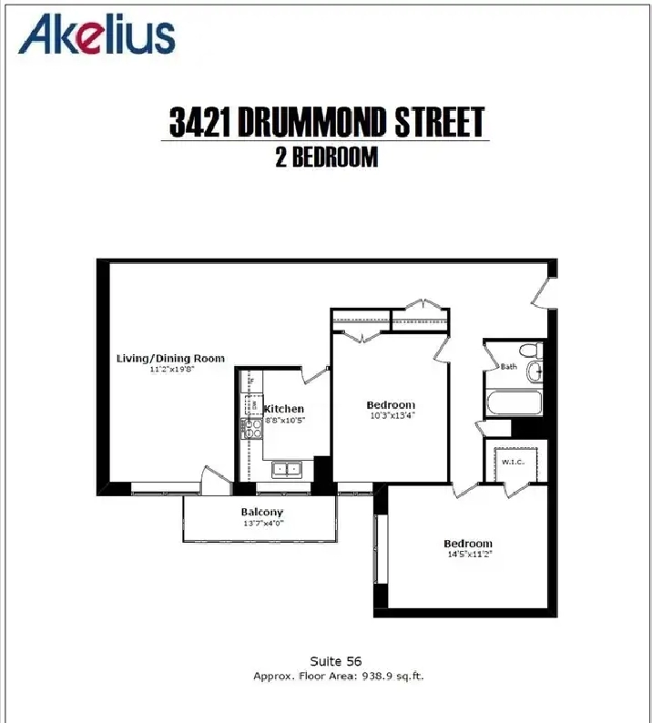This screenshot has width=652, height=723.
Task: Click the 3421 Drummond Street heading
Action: (x=327, y=122)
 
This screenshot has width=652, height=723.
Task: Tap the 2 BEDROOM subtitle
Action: (x=327, y=158)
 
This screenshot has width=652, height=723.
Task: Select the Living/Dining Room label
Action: (x=170, y=358)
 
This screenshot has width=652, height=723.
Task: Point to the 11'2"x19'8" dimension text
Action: (x=171, y=370)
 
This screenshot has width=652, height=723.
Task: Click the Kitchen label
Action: (x=283, y=409)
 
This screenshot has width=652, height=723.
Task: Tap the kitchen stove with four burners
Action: (x=251, y=428)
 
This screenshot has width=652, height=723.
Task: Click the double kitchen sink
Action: (x=286, y=469)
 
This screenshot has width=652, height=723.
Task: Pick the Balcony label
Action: (x=262, y=513)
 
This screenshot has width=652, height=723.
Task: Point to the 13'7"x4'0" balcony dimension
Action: (x=263, y=524)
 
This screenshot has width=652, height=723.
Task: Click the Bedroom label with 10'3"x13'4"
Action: (x=391, y=405)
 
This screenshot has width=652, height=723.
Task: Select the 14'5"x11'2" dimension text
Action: (x=470, y=555)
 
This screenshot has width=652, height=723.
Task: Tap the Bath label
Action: (x=509, y=367)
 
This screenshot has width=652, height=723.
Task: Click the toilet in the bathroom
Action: (x=531, y=350)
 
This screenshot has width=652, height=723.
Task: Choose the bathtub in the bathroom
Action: (x=514, y=402)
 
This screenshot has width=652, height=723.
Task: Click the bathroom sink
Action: (x=535, y=371)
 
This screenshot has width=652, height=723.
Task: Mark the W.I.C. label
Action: (x=513, y=462)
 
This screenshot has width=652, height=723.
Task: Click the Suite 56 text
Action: (x=336, y=661)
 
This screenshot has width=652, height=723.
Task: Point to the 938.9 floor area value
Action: (x=378, y=676)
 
